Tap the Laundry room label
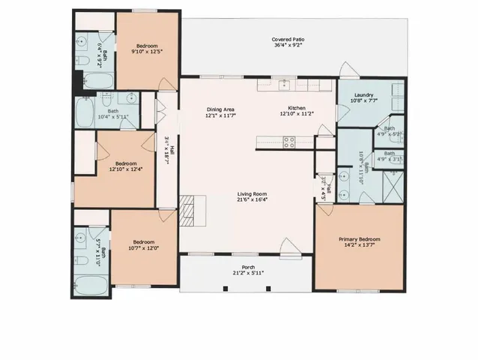(x=364, y=95)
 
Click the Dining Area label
(x=221, y=109)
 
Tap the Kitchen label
(x=292, y=108)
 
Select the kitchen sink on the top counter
(x=285, y=85)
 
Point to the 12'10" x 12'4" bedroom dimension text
(x=126, y=169)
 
